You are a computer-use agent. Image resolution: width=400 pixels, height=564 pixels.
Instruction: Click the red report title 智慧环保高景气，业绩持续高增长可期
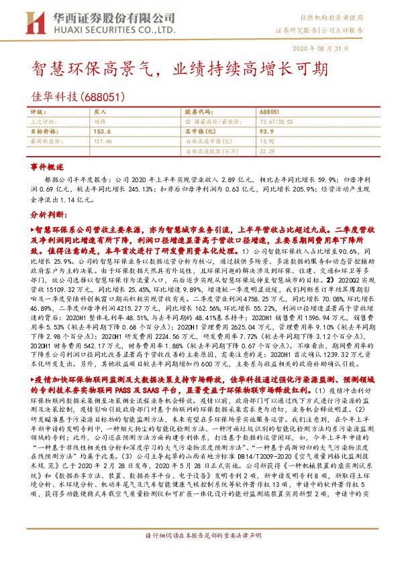[181, 70]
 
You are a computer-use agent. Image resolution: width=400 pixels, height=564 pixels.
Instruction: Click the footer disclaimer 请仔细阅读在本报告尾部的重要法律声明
[202, 555]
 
